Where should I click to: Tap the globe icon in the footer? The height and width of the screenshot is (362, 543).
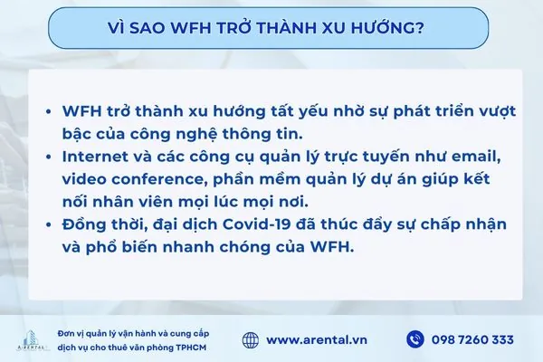pos(252,339)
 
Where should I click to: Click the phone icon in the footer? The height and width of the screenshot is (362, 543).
pos(415,339)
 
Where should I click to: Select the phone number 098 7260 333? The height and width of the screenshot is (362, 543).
pos(473,340)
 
